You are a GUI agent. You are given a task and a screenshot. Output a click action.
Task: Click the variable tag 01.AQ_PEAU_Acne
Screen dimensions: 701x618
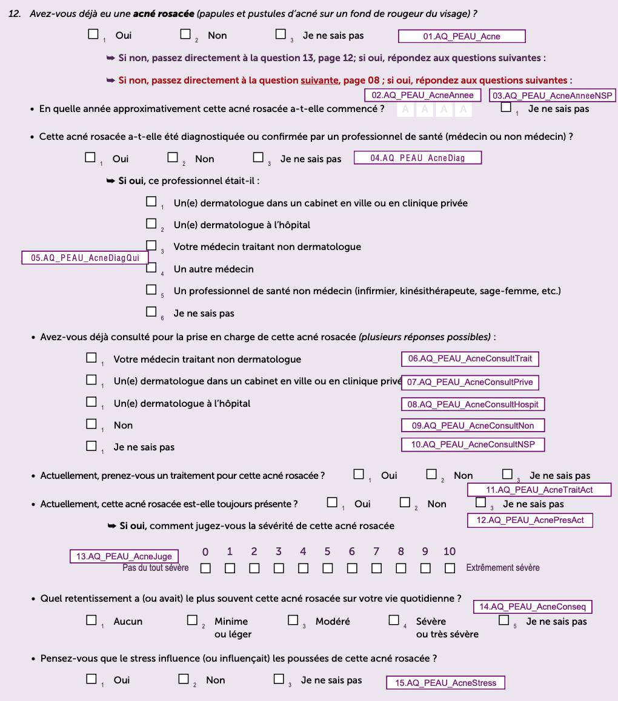(x=462, y=36)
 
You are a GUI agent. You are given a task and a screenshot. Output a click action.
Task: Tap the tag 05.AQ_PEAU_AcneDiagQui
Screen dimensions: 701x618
(x=85, y=258)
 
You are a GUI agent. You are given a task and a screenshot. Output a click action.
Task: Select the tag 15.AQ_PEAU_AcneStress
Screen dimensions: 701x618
(x=445, y=683)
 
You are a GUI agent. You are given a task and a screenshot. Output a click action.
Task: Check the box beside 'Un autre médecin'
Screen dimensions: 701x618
(x=151, y=268)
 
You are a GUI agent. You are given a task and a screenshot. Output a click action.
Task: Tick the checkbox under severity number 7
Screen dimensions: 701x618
(x=376, y=568)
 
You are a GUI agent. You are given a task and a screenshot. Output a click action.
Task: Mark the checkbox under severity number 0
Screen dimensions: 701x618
(x=205, y=568)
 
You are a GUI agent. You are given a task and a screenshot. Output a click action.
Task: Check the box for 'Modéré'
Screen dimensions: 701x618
(x=293, y=620)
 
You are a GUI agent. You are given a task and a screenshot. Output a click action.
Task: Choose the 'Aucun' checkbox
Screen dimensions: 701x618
(x=91, y=620)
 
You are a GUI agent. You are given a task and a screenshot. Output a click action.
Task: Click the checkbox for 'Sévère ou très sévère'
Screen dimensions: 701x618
(x=394, y=620)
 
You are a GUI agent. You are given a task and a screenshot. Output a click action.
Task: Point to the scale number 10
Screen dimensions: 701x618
(x=450, y=551)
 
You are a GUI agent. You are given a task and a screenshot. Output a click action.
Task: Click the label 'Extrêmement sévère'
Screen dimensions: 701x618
(x=502, y=568)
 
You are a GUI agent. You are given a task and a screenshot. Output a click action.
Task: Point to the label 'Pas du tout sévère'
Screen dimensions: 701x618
(x=155, y=568)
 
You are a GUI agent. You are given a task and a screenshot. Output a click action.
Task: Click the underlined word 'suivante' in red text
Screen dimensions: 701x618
(x=319, y=81)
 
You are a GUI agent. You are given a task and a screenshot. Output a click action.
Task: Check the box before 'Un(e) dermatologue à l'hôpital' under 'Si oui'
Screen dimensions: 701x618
(x=151, y=224)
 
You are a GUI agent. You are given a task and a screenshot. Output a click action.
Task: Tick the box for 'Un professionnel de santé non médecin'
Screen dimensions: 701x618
(x=151, y=290)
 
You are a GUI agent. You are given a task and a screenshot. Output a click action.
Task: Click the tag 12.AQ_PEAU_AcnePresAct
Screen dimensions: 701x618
(x=530, y=520)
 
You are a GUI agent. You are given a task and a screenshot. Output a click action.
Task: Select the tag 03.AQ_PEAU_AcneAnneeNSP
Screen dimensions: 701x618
(x=552, y=96)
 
